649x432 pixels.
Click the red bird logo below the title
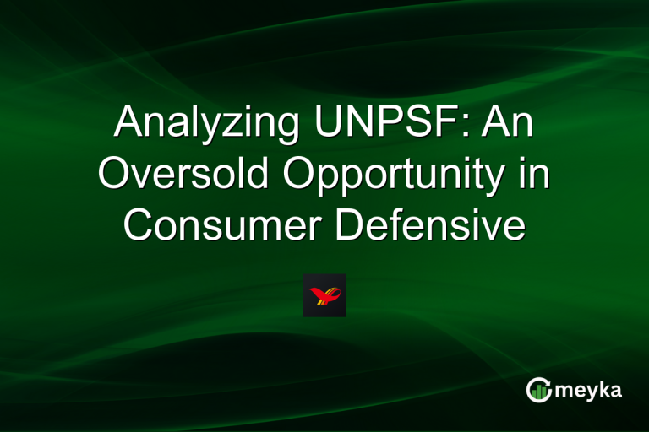click(324, 295)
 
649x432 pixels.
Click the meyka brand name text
click(589, 390)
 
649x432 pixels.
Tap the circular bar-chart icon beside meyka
click(538, 389)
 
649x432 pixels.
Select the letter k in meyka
click(605, 388)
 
